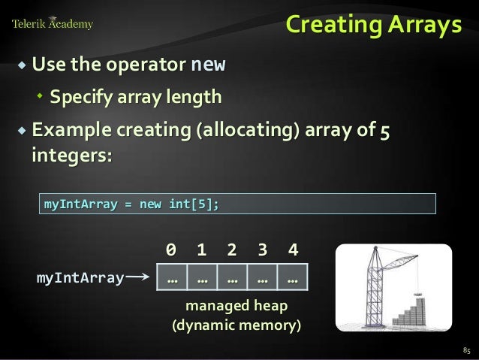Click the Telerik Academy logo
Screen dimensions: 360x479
click(53, 24)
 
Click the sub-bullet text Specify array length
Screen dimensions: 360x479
click(135, 97)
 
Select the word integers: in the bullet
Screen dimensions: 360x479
click(71, 157)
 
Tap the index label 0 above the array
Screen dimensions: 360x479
click(171, 249)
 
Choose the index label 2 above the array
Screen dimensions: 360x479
click(231, 249)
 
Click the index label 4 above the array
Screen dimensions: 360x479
click(292, 249)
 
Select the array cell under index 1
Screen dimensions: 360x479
click(201, 279)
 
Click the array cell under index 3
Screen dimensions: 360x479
click(262, 279)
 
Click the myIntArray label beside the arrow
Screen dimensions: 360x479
click(80, 279)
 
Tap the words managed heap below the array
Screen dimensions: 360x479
click(236, 307)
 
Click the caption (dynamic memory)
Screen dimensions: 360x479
click(236, 326)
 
